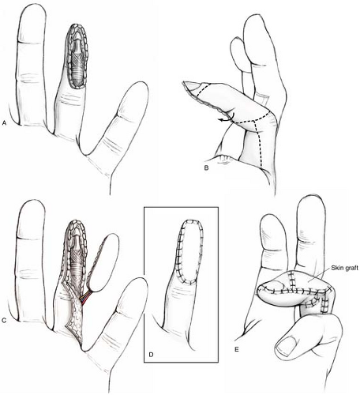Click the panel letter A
point(4,122)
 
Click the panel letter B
point(206,167)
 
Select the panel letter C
point(4,321)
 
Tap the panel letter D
point(151,354)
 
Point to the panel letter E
point(237,349)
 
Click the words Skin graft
point(345,268)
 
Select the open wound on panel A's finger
point(77,56)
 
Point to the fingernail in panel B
point(193,85)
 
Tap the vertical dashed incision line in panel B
point(258,144)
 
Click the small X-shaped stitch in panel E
point(329,288)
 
